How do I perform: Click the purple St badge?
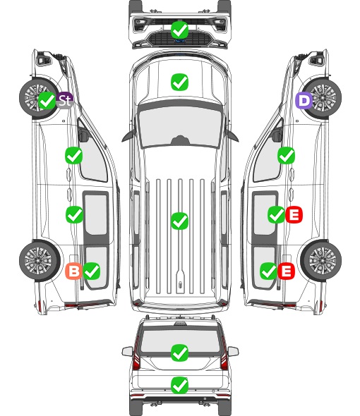click(x=65, y=100)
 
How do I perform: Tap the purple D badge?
click(x=304, y=101)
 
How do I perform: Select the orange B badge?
click(x=73, y=271)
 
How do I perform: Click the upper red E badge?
click(x=294, y=214)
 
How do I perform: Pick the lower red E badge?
click(x=286, y=271)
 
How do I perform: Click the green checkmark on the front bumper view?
click(x=180, y=30)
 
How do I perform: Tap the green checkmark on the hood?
click(x=180, y=82)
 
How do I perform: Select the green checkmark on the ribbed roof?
click(x=180, y=221)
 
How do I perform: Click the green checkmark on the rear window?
click(x=180, y=353)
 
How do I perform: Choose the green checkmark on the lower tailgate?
click(x=180, y=385)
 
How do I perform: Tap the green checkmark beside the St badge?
click(x=47, y=101)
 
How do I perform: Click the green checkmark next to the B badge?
click(x=92, y=271)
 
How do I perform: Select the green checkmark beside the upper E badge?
click(x=276, y=214)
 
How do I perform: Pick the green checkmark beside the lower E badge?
click(x=268, y=271)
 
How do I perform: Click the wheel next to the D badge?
click(x=322, y=97)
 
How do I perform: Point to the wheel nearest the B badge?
click(x=40, y=260)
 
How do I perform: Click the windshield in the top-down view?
click(x=180, y=126)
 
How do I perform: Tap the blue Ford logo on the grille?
click(x=180, y=41)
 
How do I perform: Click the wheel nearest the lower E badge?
click(x=322, y=260)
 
